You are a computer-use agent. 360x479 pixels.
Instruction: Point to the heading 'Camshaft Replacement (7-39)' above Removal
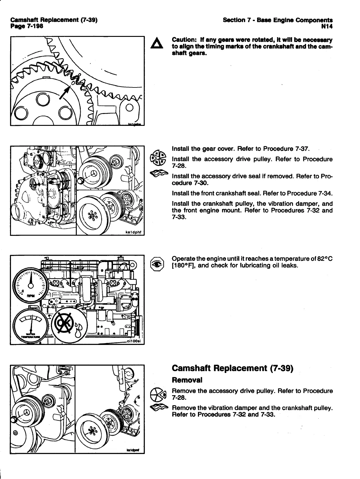(232, 368)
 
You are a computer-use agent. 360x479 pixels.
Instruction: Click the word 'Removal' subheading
(187, 380)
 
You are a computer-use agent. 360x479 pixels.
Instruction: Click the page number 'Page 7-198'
(27, 26)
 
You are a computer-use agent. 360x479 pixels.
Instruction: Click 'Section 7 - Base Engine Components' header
(278, 20)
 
